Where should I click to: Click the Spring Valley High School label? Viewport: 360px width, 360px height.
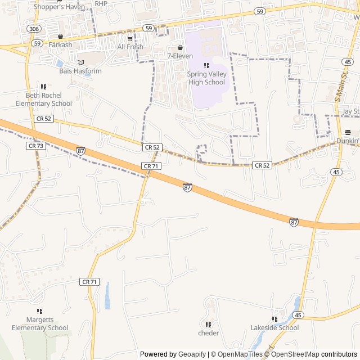click(x=206, y=78)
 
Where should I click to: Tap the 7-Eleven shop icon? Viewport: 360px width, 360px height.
click(x=180, y=48)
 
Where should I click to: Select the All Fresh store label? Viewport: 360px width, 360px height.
click(x=130, y=47)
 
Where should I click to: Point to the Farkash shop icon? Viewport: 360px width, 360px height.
click(x=60, y=37)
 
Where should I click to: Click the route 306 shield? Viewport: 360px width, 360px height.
click(x=34, y=28)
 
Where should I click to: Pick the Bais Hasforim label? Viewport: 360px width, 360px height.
click(x=80, y=71)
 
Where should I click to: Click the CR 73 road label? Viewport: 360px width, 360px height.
click(x=35, y=146)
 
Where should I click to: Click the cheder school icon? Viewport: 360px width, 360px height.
click(x=208, y=325)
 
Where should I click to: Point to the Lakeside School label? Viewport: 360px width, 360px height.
click(x=274, y=328)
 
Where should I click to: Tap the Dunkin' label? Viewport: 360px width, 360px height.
click(x=348, y=141)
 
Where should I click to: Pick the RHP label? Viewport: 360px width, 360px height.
click(x=101, y=3)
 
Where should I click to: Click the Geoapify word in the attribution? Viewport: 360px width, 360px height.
click(x=192, y=354)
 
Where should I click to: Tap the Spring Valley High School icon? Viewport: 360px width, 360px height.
click(x=206, y=66)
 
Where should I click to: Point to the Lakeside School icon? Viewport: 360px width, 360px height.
click(x=274, y=319)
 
